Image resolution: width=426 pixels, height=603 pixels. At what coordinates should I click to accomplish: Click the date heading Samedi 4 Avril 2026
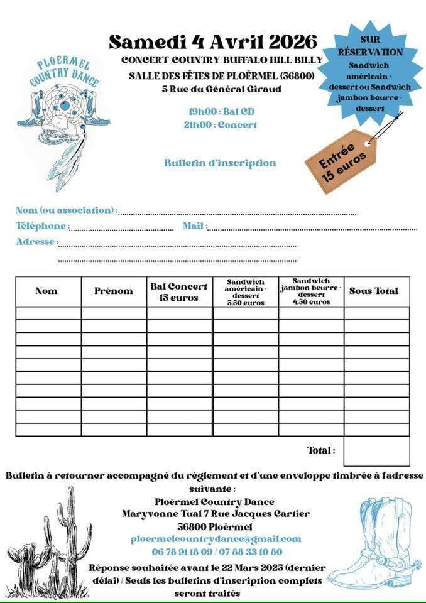[213, 42]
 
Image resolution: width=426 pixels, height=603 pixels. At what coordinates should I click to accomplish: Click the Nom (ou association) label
[65, 210]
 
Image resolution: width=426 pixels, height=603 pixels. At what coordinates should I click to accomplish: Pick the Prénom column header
[114, 291]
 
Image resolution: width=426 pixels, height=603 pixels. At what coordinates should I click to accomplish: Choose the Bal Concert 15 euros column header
[179, 292]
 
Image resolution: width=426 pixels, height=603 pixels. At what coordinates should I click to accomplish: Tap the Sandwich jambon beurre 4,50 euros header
[311, 291]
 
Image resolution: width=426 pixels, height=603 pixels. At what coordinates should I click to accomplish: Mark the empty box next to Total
[376, 450]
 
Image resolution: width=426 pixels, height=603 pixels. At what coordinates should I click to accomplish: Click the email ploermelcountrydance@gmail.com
[216, 539]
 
